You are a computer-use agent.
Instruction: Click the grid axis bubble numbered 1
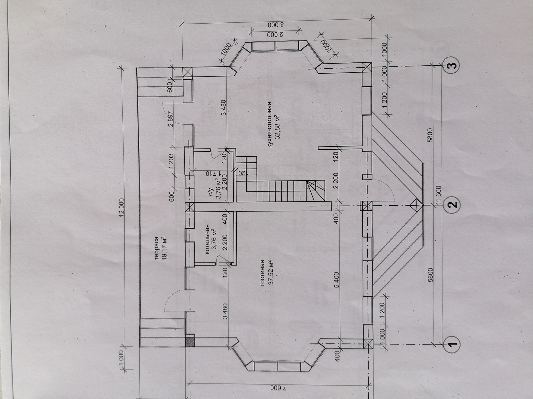(x=452, y=344)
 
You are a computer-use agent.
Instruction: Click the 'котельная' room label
(x=207, y=239)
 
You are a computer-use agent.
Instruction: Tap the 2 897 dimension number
(x=170, y=119)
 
